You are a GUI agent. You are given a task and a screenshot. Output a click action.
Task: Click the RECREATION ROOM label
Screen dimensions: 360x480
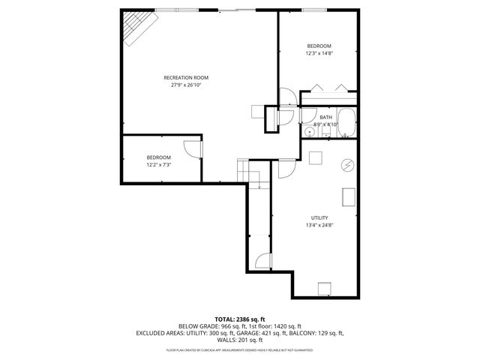pyautogui.click(x=186, y=77)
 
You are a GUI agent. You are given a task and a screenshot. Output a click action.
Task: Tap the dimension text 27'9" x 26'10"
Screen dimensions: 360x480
pyautogui.click(x=186, y=85)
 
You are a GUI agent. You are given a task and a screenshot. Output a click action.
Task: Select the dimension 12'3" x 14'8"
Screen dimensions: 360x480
pyautogui.click(x=319, y=54)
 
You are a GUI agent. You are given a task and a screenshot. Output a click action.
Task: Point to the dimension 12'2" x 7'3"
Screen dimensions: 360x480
pyautogui.click(x=158, y=164)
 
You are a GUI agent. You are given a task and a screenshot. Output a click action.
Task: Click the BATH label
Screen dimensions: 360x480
pyautogui.click(x=325, y=117)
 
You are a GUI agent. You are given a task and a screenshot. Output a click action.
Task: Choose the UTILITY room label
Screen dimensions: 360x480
pyautogui.click(x=319, y=217)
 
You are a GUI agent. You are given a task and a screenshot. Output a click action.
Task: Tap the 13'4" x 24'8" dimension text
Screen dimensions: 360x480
pyautogui.click(x=319, y=225)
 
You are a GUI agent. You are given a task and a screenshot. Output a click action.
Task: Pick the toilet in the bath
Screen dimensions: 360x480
pyautogui.click(x=327, y=132)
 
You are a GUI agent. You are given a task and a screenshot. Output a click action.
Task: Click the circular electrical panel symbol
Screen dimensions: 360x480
pyautogui.click(x=347, y=164)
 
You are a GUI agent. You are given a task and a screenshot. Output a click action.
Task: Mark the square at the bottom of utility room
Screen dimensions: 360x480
pyautogui.click(x=324, y=289)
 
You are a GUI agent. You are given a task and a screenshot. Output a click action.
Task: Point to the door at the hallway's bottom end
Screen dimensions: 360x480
pyautogui.click(x=262, y=262)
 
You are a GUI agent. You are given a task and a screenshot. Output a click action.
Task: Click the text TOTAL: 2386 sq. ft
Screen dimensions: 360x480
pyautogui.click(x=240, y=319)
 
